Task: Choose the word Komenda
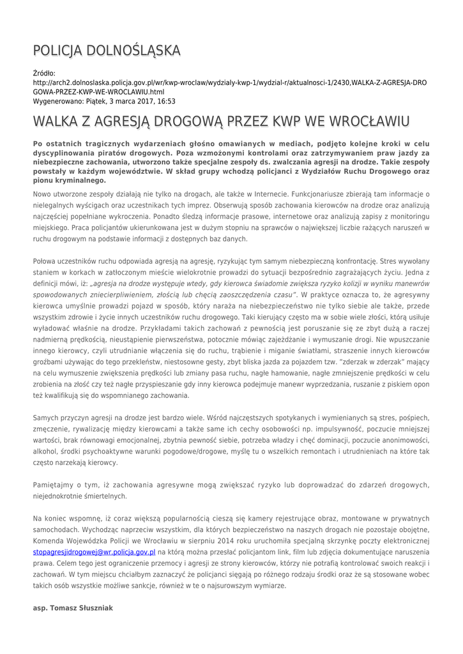pos(52,540)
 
